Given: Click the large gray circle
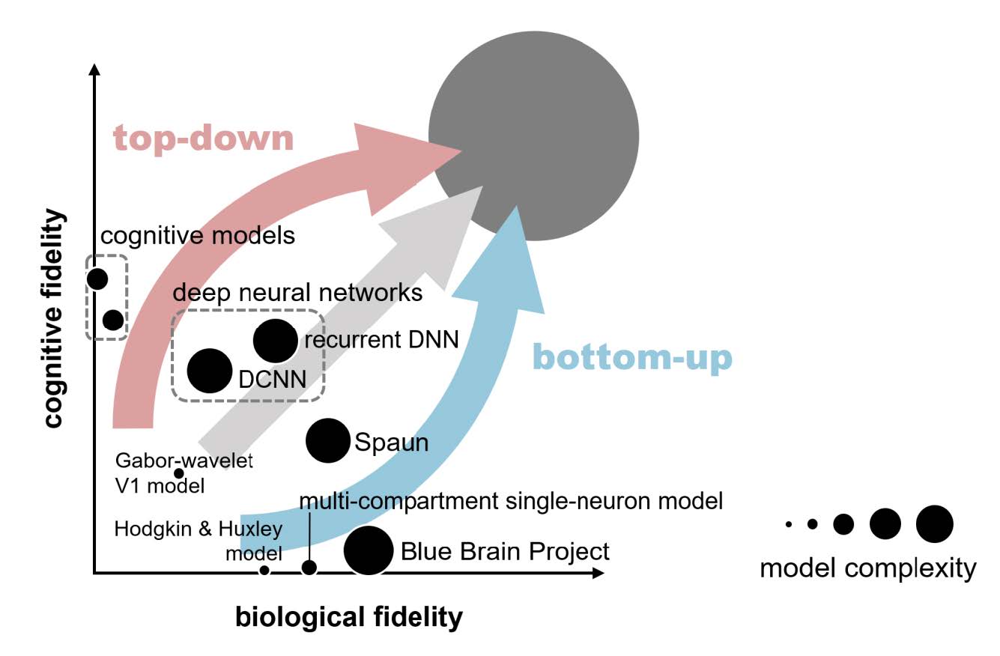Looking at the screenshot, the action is [534, 136].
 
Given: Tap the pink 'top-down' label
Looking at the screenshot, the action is [204, 139].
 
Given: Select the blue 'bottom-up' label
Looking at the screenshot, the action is [633, 358].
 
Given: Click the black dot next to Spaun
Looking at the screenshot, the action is [327, 440].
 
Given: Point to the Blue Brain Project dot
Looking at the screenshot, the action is [369, 550].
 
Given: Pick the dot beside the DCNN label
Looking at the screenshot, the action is [210, 371].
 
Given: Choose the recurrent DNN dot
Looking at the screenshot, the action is [275, 341].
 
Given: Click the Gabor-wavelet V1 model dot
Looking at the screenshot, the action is [178, 473].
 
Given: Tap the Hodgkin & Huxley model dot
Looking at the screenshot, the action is [264, 571].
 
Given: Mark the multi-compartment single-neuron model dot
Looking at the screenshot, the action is [309, 568].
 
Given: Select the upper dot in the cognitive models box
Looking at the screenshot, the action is [97, 279].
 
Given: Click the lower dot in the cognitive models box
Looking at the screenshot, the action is [113, 320].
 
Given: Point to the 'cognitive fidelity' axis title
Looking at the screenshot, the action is [55, 318].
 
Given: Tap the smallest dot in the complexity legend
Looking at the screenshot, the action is [789, 524].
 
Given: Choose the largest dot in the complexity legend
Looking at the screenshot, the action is [935, 524].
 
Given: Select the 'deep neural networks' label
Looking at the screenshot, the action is [297, 293].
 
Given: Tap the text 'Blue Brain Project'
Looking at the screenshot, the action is [505, 552].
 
